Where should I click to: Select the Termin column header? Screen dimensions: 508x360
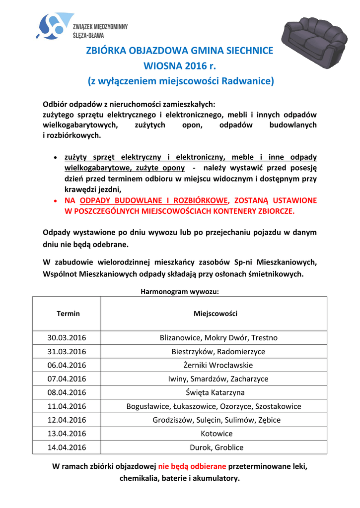pos(68,314)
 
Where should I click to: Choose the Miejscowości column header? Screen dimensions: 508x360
pos(215,314)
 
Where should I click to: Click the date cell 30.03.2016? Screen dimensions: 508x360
pos(67,338)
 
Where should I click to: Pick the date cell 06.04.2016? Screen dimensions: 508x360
pos(67,365)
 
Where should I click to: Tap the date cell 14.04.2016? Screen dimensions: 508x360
pos(67,447)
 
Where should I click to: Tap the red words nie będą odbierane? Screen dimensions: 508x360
pos(192,467)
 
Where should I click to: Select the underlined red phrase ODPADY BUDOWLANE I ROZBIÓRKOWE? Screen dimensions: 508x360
pos(154,200)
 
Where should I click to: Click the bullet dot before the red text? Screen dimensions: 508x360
pos(55,201)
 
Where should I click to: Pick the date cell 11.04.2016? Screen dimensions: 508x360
pos(67,406)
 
